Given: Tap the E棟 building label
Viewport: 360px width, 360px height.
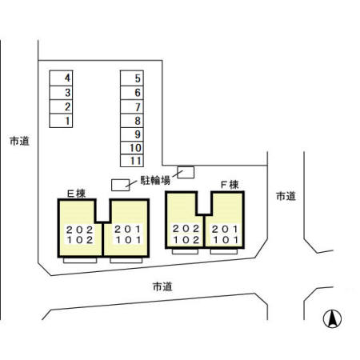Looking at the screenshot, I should (x=76, y=193).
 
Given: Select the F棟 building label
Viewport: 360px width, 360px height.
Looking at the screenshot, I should (x=230, y=185).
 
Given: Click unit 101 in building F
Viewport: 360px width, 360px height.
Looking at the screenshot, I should (x=224, y=238).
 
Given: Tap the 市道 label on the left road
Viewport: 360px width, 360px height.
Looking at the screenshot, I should (x=19, y=141).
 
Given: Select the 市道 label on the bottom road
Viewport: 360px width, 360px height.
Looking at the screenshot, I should (x=162, y=286).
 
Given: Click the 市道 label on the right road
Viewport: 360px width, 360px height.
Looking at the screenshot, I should (x=286, y=195).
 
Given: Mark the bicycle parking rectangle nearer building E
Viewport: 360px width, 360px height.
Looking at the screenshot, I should (x=119, y=185).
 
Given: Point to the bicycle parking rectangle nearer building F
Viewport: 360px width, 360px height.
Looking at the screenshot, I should (x=186, y=171).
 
